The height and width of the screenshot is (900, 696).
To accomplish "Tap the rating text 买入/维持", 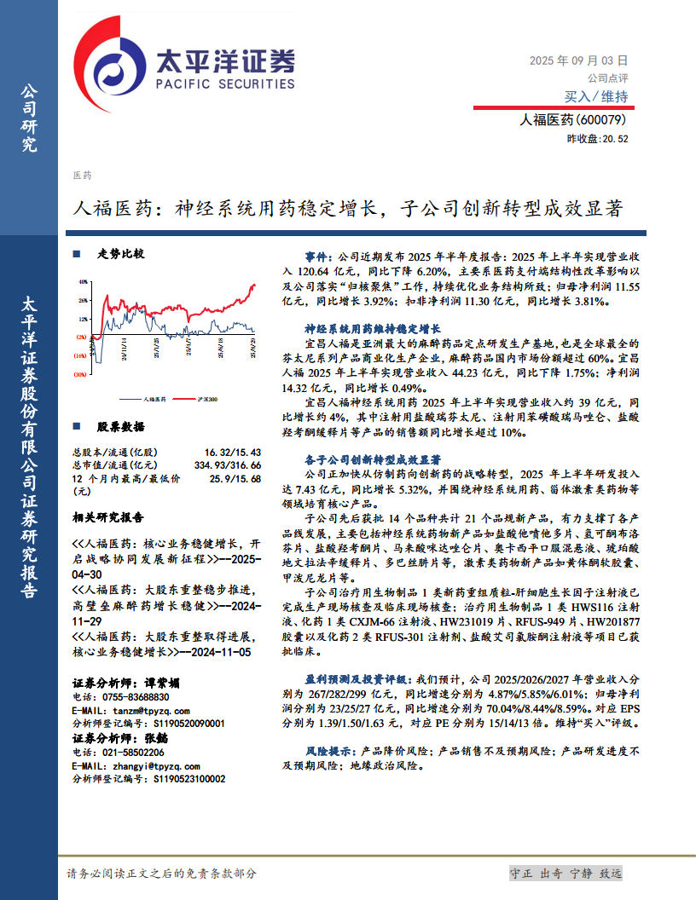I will coord(596,96).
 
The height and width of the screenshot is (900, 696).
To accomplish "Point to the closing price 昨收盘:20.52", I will coord(597,139).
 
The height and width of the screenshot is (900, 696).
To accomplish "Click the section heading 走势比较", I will coord(120,254).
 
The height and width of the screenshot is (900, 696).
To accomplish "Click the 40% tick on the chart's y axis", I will coord(83,280).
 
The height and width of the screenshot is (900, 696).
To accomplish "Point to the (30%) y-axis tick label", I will coord(81,374).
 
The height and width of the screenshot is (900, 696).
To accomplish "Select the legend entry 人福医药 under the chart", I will coord(154,398).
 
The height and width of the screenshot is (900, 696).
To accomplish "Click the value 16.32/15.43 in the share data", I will coord(232,452).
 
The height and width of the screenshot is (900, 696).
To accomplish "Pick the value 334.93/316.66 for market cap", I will coord(226,464).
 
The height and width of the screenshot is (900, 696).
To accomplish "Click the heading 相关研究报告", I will coord(108,517).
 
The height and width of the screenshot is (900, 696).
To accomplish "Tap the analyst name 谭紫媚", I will coord(161,683).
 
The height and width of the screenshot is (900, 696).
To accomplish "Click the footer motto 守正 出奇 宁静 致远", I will coord(565,874).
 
